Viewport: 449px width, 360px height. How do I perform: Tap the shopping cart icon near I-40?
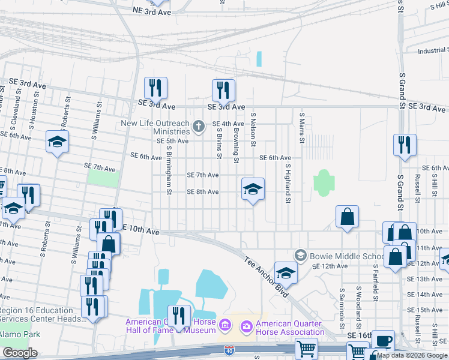(306, 347)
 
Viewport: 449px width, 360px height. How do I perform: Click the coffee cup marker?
(383, 340)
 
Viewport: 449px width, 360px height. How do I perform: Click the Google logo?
(20, 353)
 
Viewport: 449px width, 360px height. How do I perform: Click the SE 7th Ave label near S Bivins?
(202, 175)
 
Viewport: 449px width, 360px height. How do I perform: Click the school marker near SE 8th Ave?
(253, 189)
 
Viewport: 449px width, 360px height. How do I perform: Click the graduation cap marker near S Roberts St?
(58, 142)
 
